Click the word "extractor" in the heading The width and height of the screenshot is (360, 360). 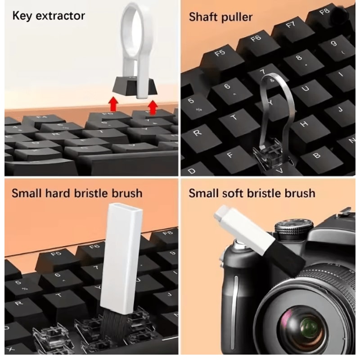61,16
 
